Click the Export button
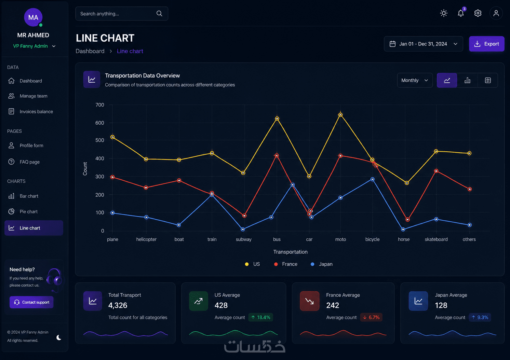pyautogui.click(x=486, y=44)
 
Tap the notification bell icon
pyautogui.click(x=460, y=13)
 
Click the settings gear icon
pyautogui.click(x=478, y=13)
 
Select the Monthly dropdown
pyautogui.click(x=415, y=80)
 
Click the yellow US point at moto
pyautogui.click(x=340, y=115)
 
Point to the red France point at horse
pyautogui.click(x=407, y=220)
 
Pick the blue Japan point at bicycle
pyautogui.click(x=373, y=179)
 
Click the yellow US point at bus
pyautogui.click(x=277, y=119)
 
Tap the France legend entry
pyautogui.click(x=286, y=264)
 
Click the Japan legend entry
pyautogui.click(x=321, y=264)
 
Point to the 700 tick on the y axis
pyautogui.click(x=100, y=105)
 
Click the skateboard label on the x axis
pyautogui.click(x=436, y=239)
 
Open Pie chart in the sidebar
pyautogui.click(x=28, y=212)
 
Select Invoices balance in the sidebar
pyautogui.click(x=36, y=111)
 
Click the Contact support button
pyautogui.click(x=31, y=302)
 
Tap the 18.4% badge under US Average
pyautogui.click(x=261, y=317)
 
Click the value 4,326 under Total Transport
pyautogui.click(x=118, y=305)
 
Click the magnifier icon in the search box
pyautogui.click(x=159, y=14)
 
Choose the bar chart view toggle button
pyautogui.click(x=467, y=80)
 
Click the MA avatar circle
pyautogui.click(x=33, y=17)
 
